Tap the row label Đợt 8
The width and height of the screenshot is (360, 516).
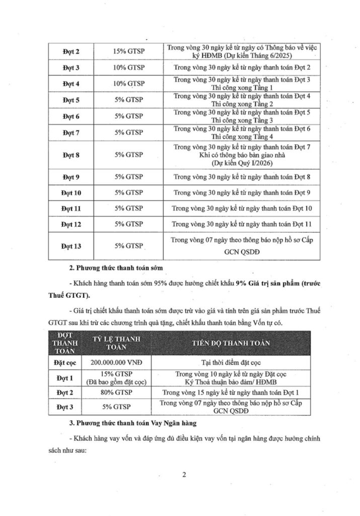[71, 155]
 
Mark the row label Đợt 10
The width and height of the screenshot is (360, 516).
[71, 192]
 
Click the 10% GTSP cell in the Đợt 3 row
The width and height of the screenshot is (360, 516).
[128, 68]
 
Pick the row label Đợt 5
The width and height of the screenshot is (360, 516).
[71, 100]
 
